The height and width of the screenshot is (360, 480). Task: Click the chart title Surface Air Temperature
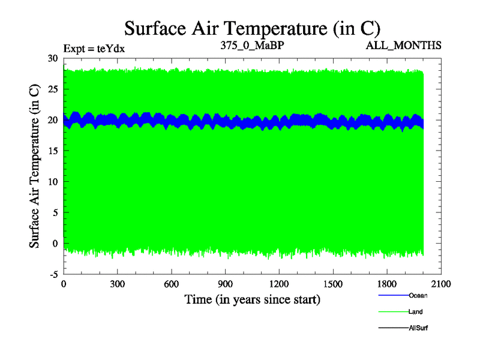tap(252, 28)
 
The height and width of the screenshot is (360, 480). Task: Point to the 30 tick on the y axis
tap(53, 58)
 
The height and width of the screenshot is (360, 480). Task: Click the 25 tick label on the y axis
tap(53, 89)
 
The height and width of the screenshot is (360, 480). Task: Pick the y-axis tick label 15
tap(53, 151)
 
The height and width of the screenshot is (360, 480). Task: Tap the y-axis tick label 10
tap(53, 182)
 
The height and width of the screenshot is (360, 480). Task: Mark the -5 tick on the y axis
tap(53, 274)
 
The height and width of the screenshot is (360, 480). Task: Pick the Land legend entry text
tap(416, 311)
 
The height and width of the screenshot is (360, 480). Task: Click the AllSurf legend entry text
tap(419, 328)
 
